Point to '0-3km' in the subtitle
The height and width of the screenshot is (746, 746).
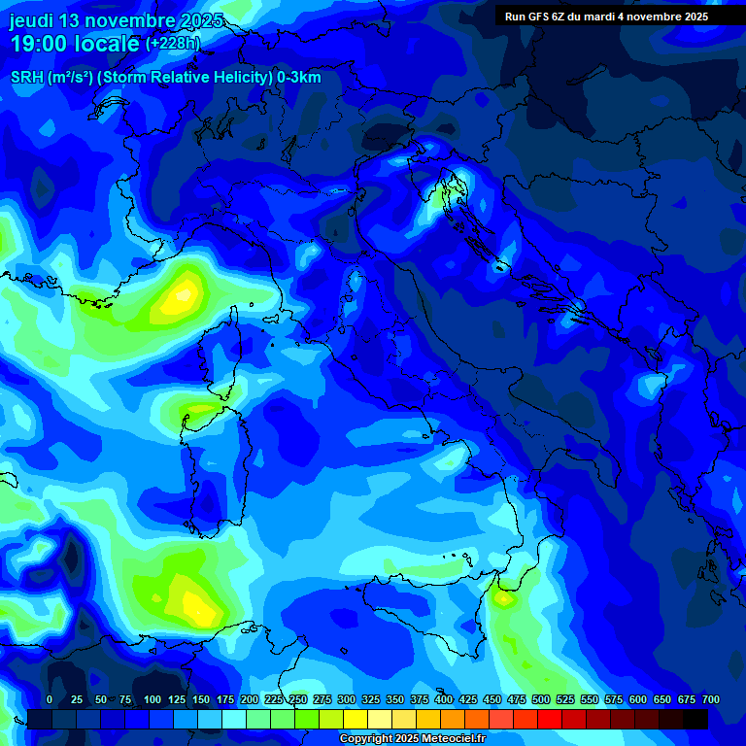coord(299,78)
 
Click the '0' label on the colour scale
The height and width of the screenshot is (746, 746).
coord(50,699)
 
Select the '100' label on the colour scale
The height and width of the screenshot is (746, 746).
coord(153,699)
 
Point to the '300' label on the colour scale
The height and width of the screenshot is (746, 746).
coord(347,699)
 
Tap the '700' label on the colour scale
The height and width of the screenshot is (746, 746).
coord(711,699)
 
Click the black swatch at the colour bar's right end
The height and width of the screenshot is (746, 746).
coord(695,719)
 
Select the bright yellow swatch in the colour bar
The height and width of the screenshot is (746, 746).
coord(356,719)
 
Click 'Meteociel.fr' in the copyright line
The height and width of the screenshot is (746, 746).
coord(450,739)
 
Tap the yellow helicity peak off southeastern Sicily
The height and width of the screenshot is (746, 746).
coord(503,598)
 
